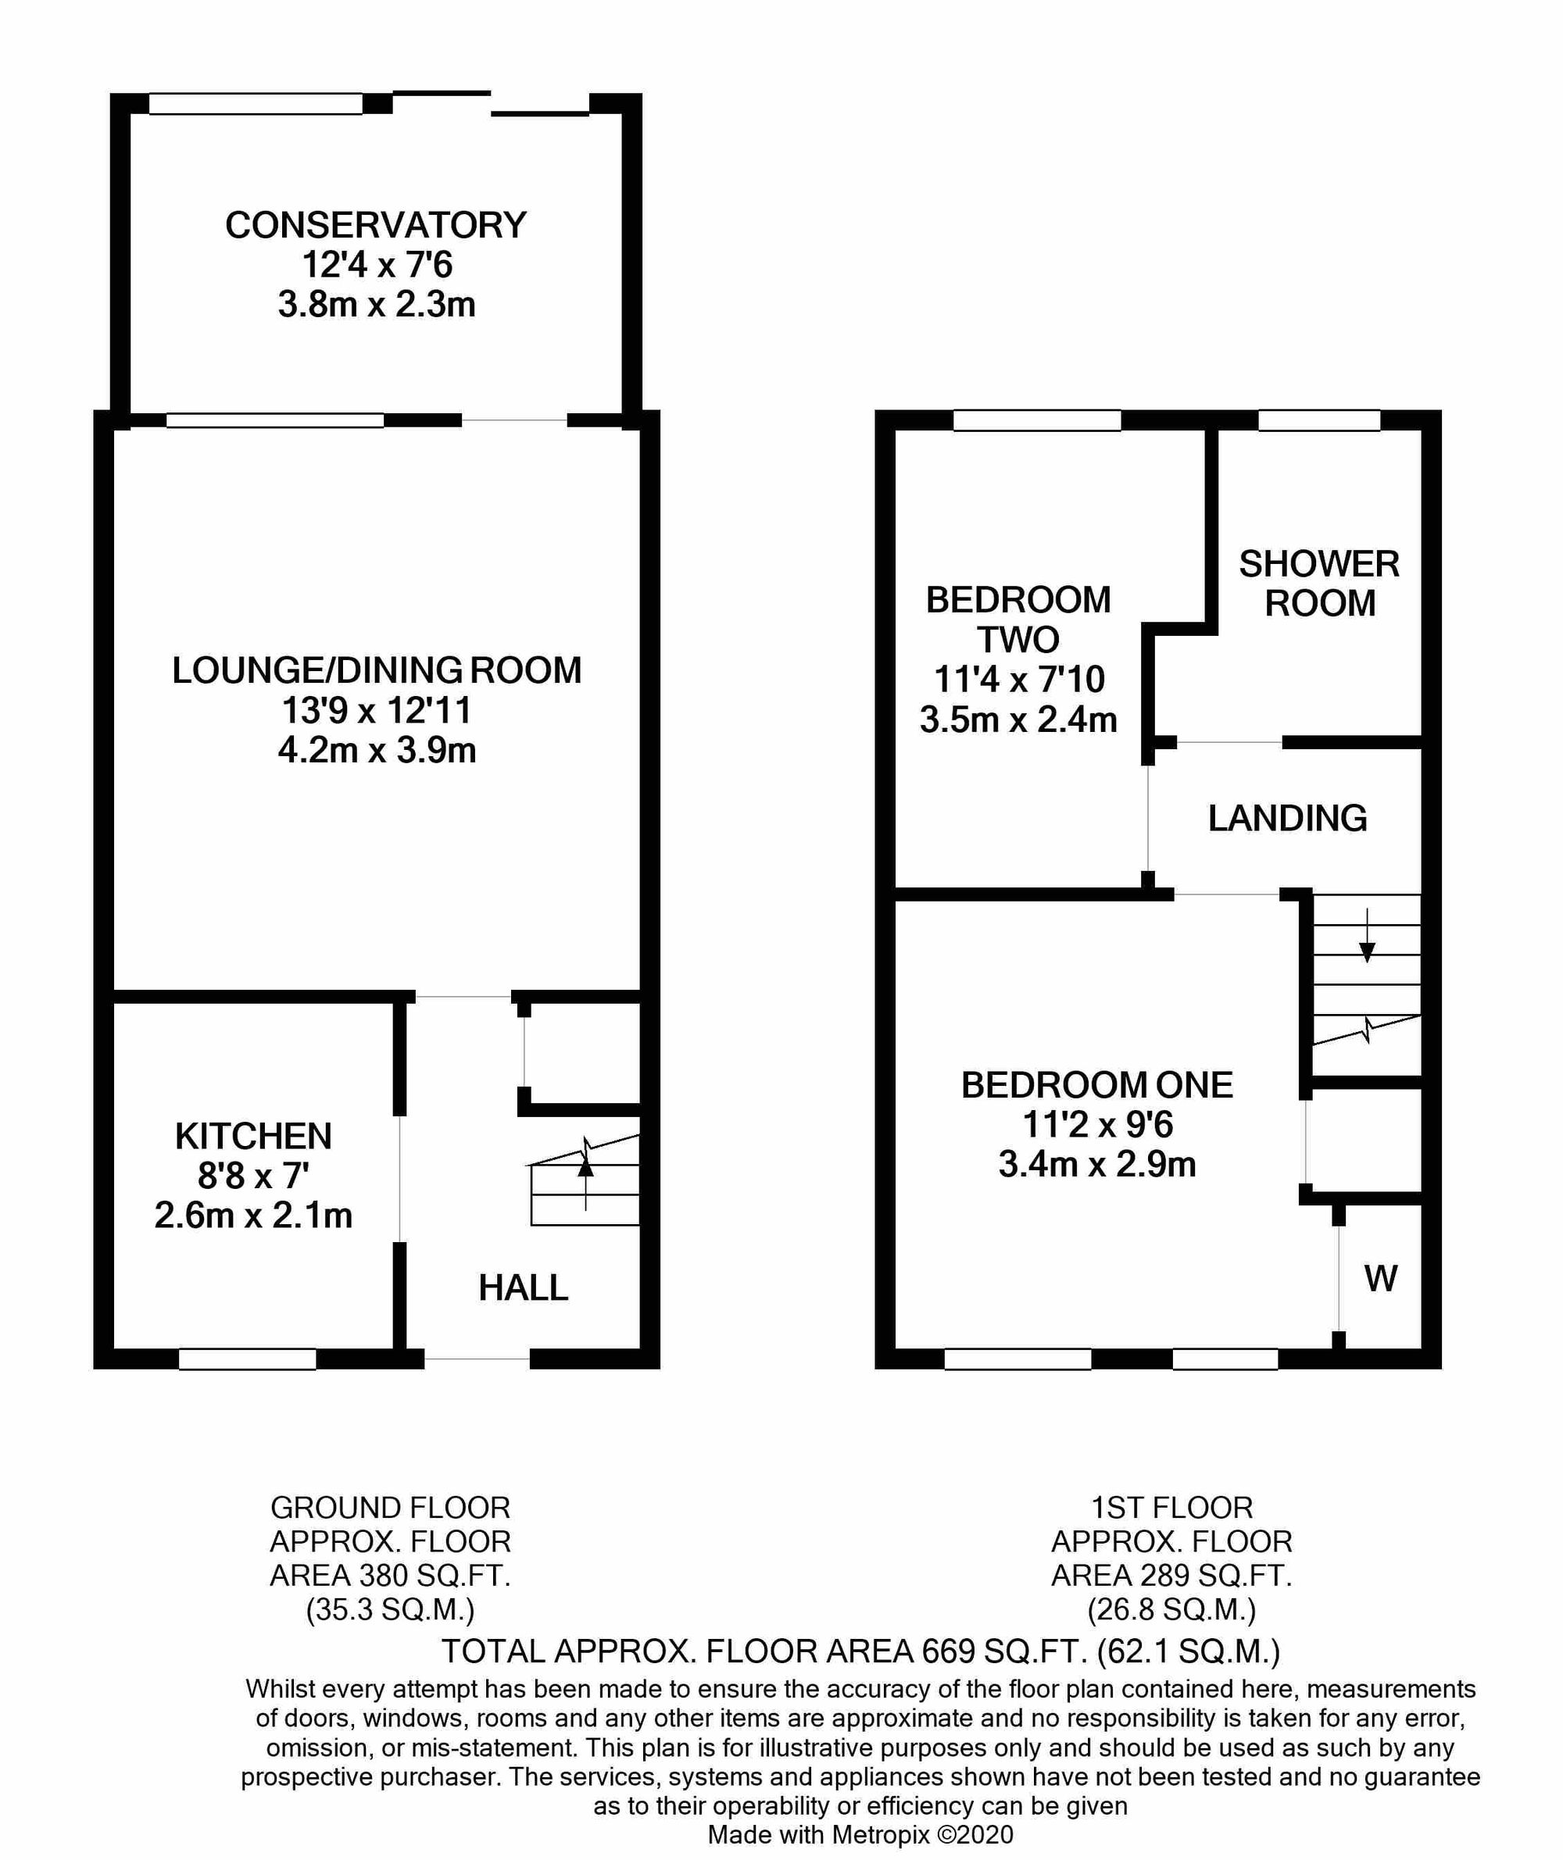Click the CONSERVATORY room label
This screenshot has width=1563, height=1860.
pyautogui.click(x=376, y=225)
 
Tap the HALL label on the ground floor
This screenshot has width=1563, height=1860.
pyautogui.click(x=523, y=1288)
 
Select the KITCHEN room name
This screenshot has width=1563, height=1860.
pyautogui.click(x=253, y=1136)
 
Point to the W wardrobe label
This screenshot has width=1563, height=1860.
pyautogui.click(x=1380, y=1278)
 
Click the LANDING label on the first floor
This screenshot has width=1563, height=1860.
pyautogui.click(x=1287, y=818)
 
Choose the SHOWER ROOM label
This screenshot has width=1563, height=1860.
pyautogui.click(x=1319, y=583)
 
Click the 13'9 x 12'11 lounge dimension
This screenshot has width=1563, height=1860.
pyautogui.click(x=377, y=709)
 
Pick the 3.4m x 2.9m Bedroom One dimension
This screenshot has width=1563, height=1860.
pyautogui.click(x=1097, y=1164)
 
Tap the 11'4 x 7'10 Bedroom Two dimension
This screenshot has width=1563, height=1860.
pyautogui.click(x=1019, y=680)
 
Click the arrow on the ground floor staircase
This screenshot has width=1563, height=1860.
pyautogui.click(x=585, y=1172)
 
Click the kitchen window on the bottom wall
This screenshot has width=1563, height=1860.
pyautogui.click(x=247, y=1358)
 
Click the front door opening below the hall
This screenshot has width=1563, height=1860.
pyautogui.click(x=477, y=1358)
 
